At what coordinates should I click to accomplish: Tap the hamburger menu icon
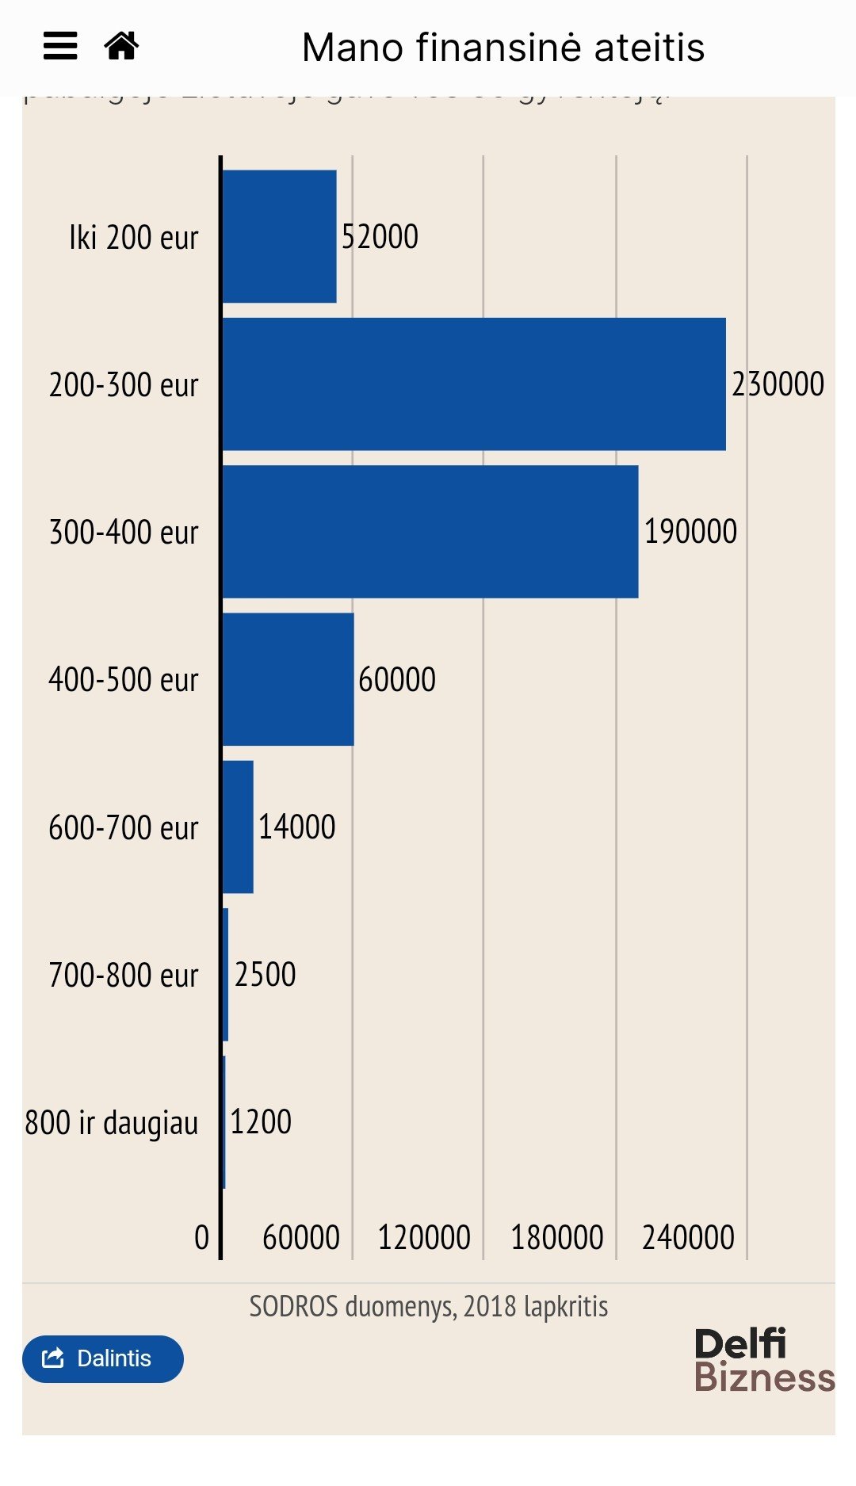(60, 46)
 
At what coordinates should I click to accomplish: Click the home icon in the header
(121, 46)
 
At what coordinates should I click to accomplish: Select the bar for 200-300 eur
(473, 384)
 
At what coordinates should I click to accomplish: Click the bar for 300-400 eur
(430, 532)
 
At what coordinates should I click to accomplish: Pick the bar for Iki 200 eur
(279, 236)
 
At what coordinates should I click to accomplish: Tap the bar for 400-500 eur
(288, 679)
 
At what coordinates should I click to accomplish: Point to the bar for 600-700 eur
(238, 827)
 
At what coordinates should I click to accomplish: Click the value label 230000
(778, 384)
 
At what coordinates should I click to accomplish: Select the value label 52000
(380, 236)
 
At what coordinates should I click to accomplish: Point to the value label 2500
(265, 975)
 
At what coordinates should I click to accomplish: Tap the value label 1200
(261, 1122)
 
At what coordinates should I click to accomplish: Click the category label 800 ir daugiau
(112, 1123)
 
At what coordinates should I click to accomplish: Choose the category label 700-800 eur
(124, 976)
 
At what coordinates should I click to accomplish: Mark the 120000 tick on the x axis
(424, 1237)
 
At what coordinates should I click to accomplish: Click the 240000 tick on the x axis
(688, 1237)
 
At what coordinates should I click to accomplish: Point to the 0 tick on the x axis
(202, 1237)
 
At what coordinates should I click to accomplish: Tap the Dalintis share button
(102, 1358)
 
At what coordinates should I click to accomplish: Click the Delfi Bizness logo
(764, 1360)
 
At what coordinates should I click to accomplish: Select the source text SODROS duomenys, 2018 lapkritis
(429, 1306)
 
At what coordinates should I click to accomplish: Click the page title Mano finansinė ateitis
(503, 48)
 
